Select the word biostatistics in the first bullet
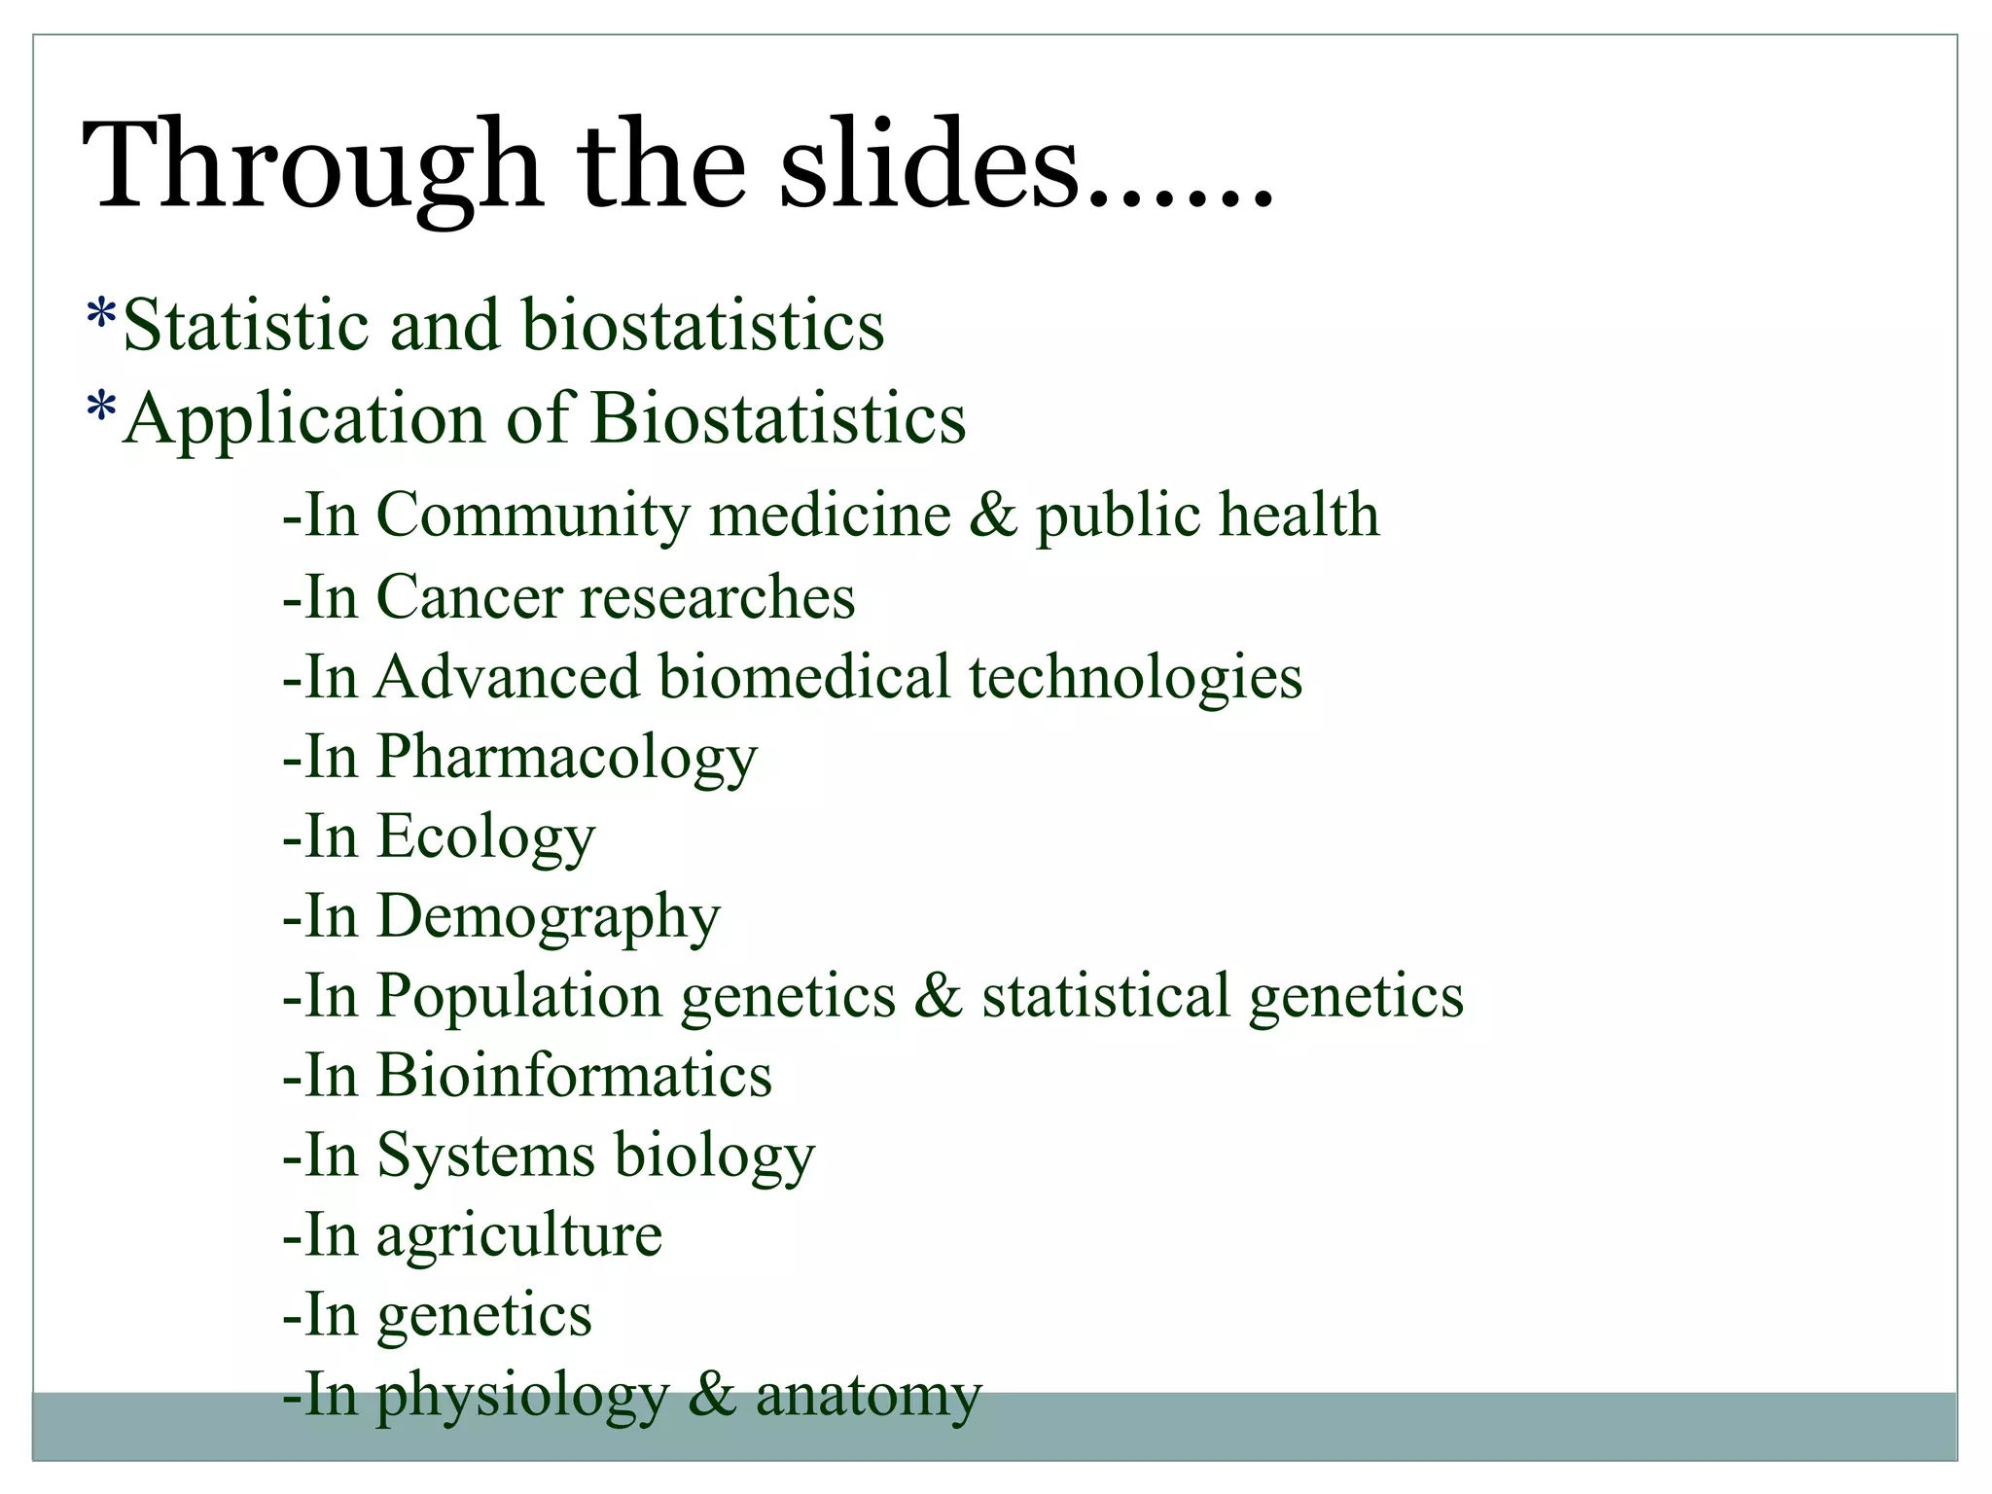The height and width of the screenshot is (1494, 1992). tap(703, 325)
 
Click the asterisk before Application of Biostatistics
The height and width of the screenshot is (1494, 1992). tap(100, 411)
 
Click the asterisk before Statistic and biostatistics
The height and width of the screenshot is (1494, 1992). tap(100, 317)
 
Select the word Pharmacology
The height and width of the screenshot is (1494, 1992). tap(567, 758)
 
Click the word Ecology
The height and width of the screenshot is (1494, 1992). tap(485, 837)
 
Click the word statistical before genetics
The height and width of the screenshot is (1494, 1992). tap(1107, 997)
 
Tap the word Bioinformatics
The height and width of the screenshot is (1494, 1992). tap(575, 1076)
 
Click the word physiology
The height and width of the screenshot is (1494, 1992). tap(523, 1396)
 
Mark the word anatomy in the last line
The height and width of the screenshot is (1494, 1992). tap(869, 1396)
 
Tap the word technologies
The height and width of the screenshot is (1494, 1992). tap(1135, 676)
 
